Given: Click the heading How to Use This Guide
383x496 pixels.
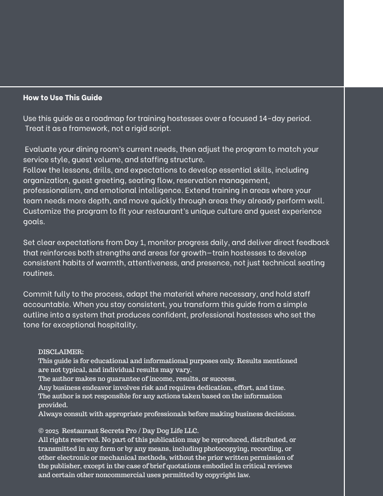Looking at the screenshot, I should pyautogui.click(x=62, y=97).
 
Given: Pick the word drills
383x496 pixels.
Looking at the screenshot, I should pyautogui.click(x=102, y=170).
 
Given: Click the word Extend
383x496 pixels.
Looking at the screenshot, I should pyautogui.click(x=198, y=190).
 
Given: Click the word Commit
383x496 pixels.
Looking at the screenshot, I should pyautogui.click(x=39, y=294).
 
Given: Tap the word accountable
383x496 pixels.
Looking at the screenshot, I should pyautogui.click(x=47, y=304).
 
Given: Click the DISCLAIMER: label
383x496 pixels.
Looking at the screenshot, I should pyautogui.click(x=61, y=352).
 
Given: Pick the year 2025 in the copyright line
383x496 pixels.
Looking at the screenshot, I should pyautogui.click(x=52, y=431).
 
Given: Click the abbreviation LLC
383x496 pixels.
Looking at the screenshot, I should pyautogui.click(x=191, y=431).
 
